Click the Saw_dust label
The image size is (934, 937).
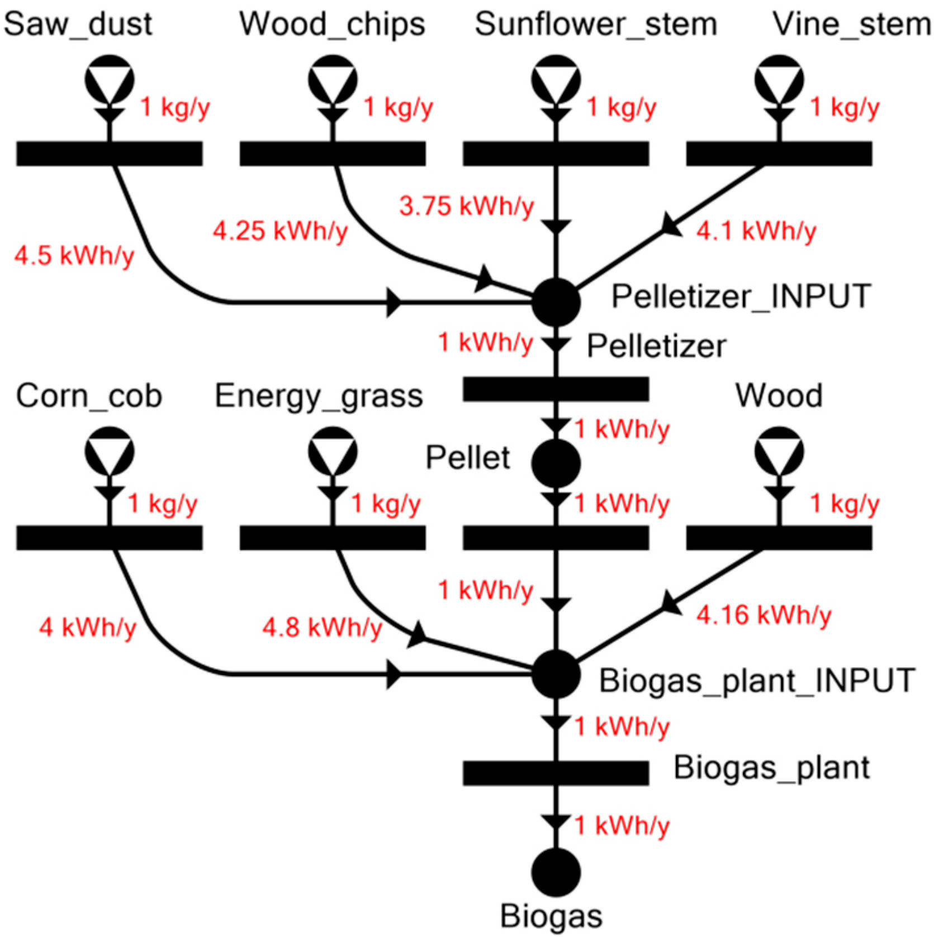(x=78, y=25)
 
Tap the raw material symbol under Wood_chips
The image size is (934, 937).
(x=333, y=79)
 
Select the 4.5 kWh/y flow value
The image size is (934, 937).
(x=74, y=256)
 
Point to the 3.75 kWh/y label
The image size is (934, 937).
(x=466, y=206)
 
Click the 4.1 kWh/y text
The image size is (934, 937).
(x=756, y=231)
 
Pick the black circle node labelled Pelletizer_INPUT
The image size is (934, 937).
(x=556, y=302)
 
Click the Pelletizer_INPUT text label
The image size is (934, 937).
(x=741, y=296)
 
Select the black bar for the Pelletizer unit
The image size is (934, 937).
(x=556, y=389)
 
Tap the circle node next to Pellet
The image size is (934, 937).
(x=556, y=463)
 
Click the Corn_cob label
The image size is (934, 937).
(x=89, y=396)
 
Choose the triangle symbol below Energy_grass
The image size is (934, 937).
(x=333, y=451)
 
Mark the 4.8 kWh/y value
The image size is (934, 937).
(x=322, y=628)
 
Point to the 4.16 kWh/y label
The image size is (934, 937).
(x=764, y=615)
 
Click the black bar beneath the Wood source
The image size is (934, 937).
(x=779, y=538)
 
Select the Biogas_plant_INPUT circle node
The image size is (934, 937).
(x=556, y=675)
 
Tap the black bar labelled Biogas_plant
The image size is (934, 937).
(x=556, y=773)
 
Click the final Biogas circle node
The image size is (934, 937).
(x=556, y=872)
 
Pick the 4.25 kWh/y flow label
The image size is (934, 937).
(x=280, y=231)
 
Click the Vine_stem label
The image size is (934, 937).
(x=851, y=25)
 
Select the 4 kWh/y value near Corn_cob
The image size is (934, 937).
(x=87, y=628)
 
